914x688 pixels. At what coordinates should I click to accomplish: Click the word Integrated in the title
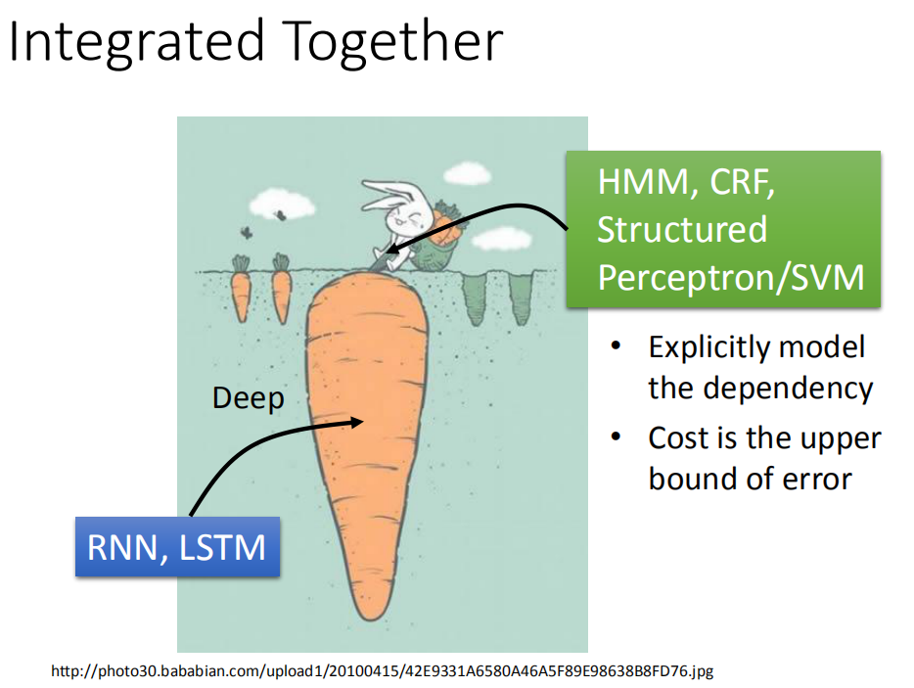[136, 42]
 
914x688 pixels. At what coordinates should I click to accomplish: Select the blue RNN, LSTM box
[177, 547]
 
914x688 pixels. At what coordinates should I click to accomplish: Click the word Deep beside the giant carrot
[249, 399]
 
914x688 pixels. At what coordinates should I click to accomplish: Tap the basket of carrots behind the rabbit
[439, 239]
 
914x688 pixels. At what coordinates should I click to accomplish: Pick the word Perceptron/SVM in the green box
[731, 278]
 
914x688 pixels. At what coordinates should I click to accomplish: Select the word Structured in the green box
[682, 229]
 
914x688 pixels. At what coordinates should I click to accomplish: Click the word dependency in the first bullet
[790, 390]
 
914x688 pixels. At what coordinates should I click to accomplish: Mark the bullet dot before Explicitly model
[617, 346]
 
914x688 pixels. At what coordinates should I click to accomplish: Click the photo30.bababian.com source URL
[383, 671]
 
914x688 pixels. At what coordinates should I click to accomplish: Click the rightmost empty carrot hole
[522, 298]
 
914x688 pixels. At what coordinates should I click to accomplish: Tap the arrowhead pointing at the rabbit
[392, 249]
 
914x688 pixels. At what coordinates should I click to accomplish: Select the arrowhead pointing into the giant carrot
[356, 422]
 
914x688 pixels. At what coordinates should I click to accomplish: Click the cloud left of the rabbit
[282, 204]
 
